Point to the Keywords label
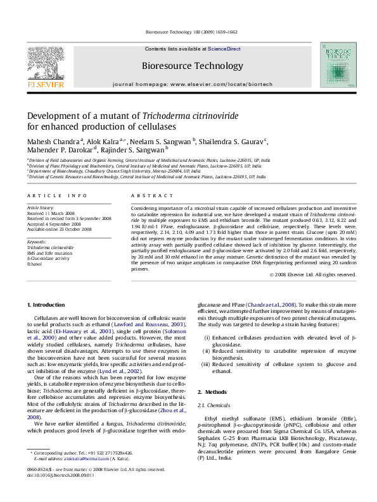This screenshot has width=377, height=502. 37,242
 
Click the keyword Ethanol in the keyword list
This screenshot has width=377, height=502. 35,264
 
